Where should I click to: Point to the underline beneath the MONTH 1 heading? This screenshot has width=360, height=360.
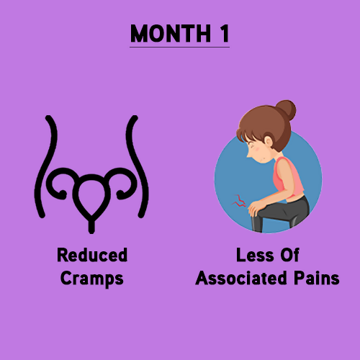[x=179, y=47]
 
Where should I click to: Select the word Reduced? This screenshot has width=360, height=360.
[x=91, y=256]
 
